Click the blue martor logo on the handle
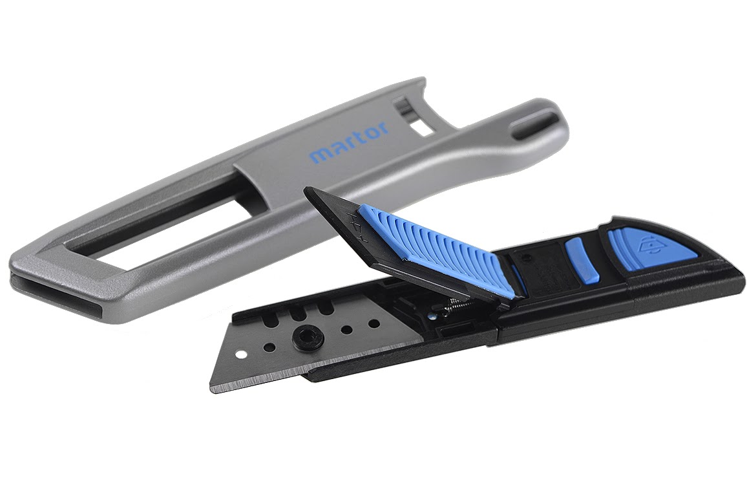click(349, 142)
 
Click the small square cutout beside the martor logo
click(421, 127)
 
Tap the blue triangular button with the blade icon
click(653, 250)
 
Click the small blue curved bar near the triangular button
click(582, 261)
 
